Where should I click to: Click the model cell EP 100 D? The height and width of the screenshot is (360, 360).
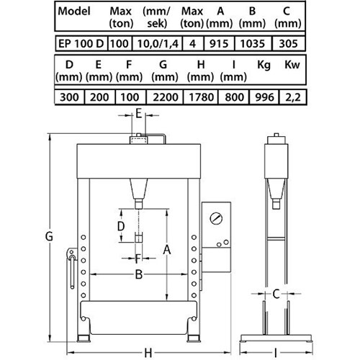tap(81, 44)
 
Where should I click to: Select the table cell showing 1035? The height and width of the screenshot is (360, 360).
tap(253, 44)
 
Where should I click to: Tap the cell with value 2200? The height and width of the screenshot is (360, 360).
tap(165, 97)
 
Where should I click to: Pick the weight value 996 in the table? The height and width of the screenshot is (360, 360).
tap(264, 97)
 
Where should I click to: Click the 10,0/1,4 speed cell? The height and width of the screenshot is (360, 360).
tap(158, 44)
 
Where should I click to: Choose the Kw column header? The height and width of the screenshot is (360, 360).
tap(292, 65)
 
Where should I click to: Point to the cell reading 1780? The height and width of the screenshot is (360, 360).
tap(201, 97)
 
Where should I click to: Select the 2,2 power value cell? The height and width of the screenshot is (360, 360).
tap(293, 97)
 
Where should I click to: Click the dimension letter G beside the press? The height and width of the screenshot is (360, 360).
tap(49, 236)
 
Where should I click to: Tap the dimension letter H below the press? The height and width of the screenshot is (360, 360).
tap(148, 353)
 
